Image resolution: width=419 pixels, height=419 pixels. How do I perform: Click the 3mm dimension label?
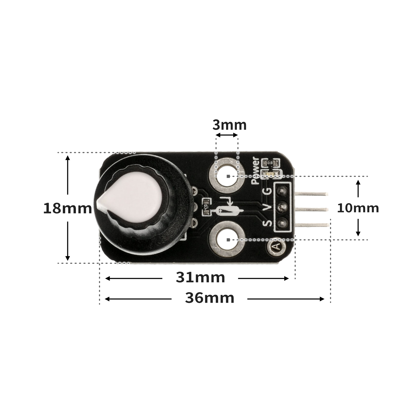pyautogui.click(x=230, y=125)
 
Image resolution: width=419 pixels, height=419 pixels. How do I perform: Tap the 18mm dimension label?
pyautogui.click(x=68, y=209)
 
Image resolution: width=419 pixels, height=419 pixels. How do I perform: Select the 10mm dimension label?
pyautogui.click(x=358, y=208)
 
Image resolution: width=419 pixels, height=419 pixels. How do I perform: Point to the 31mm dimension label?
pyautogui.click(x=200, y=278)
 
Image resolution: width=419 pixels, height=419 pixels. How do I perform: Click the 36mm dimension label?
pyautogui.click(x=210, y=298)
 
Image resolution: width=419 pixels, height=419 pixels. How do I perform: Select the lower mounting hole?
pyautogui.click(x=227, y=239)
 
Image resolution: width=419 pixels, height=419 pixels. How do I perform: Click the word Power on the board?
pyautogui.click(x=255, y=170)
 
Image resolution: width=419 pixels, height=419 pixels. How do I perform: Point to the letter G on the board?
pyautogui.click(x=268, y=192)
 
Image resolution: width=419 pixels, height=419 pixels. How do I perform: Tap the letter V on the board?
pyautogui.click(x=267, y=208)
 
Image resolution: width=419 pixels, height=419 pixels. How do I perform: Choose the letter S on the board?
pyautogui.click(x=267, y=223)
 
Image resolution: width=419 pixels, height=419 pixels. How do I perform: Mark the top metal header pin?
pyautogui.click(x=311, y=194)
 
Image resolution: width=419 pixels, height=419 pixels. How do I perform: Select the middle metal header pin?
pyautogui.click(x=311, y=209)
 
